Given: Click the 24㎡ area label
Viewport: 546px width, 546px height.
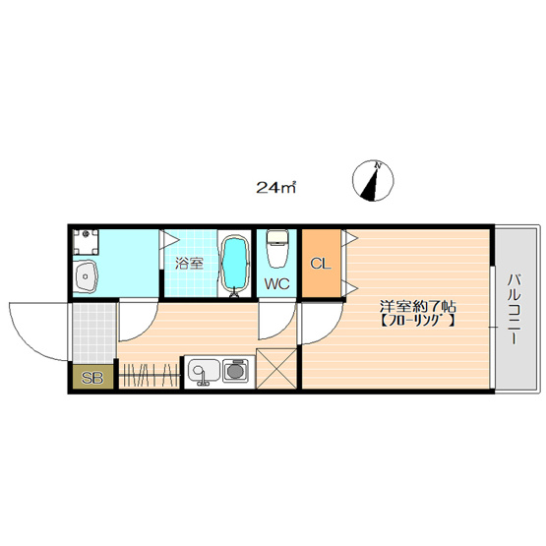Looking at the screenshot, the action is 275,187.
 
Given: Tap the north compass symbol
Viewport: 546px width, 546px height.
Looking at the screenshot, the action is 373,181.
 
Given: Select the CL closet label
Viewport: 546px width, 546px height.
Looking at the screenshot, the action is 321,264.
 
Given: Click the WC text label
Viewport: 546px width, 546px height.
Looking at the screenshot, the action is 276,283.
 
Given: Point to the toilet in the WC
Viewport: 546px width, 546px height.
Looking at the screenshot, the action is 277,248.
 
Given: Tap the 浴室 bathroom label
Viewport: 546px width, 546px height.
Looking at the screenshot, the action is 189,264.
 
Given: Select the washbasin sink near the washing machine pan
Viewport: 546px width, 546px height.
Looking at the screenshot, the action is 86,275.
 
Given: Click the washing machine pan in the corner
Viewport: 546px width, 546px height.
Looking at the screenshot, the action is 86,242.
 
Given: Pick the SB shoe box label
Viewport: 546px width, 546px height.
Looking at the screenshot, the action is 92,378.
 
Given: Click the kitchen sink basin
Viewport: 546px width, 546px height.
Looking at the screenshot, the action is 204,371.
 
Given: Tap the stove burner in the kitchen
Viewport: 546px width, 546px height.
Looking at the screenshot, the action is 235,371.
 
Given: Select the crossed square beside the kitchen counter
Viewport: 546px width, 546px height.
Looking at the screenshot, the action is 276,368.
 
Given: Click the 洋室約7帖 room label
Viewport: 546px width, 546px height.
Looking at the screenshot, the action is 417,307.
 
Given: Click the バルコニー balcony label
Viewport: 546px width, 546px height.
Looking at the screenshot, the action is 515,310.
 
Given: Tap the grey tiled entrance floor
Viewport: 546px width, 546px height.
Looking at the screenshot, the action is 93,333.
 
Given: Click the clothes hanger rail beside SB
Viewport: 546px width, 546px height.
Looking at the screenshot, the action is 149,376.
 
